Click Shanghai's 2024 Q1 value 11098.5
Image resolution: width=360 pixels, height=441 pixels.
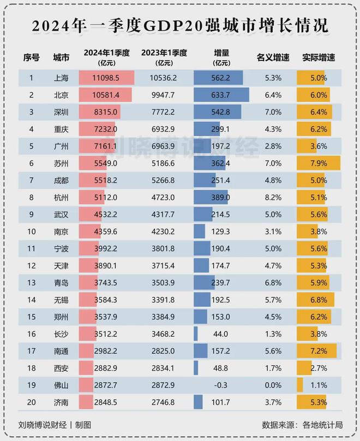pos(106,78)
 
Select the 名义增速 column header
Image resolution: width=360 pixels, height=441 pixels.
pos(273,58)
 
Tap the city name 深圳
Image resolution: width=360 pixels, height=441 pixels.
pos(61,112)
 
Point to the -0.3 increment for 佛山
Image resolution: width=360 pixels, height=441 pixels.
pos(220,385)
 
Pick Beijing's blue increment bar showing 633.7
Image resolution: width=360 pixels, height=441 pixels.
pos(221,95)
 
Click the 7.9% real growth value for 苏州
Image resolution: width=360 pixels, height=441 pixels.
pos(319,164)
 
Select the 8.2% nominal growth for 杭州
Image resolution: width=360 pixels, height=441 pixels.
pos(273,197)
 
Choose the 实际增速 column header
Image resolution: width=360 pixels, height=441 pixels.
pos(319,58)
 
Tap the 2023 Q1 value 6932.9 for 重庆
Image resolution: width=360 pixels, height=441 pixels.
pos(163,129)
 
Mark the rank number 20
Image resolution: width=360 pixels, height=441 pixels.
pos(31,402)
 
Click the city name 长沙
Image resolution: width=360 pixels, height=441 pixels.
pos(61,334)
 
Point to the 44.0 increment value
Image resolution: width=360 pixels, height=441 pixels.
pos(220,334)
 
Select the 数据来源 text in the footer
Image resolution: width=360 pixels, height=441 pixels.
pos(278,425)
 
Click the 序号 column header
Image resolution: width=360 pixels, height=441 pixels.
pos(31,58)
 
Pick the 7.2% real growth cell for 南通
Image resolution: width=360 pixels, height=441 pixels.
pos(319,351)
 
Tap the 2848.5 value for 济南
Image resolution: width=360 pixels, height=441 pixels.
pos(106,402)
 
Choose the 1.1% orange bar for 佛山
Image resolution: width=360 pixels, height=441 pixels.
pos(300,385)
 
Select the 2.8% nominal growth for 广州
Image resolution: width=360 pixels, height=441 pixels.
pos(273,146)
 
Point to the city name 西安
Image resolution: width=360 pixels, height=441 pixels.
pos(61,368)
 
